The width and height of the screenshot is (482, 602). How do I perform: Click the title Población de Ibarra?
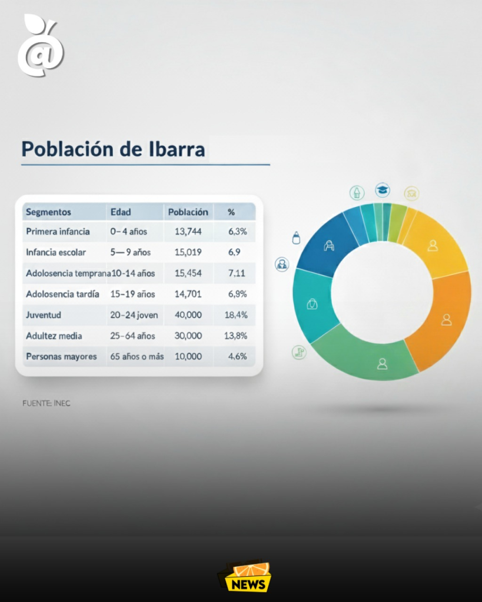tap(113, 149)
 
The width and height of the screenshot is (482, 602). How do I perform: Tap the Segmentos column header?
tap(48, 212)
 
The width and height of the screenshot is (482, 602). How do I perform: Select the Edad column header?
tap(121, 212)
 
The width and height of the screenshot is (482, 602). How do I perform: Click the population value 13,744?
tap(188, 232)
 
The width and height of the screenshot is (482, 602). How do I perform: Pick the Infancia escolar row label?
tap(56, 252)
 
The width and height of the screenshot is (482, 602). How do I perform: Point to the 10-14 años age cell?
tap(133, 273)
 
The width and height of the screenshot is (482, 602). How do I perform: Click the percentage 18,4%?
tap(236, 315)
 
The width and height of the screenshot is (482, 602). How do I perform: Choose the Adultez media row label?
tap(54, 336)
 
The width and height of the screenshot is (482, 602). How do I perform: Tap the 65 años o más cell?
tap(137, 357)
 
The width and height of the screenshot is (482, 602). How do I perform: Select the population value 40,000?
tap(188, 315)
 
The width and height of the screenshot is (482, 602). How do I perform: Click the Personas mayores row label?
tap(61, 357)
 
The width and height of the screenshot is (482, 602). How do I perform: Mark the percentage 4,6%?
tap(238, 357)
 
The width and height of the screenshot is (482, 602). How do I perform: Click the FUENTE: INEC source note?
tap(46, 403)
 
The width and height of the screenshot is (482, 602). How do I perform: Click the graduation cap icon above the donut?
tap(383, 190)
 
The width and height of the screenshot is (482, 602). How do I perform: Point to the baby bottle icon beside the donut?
tap(296, 238)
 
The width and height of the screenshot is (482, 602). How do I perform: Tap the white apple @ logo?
tap(41, 45)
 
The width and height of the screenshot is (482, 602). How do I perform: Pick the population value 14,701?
tap(188, 294)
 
